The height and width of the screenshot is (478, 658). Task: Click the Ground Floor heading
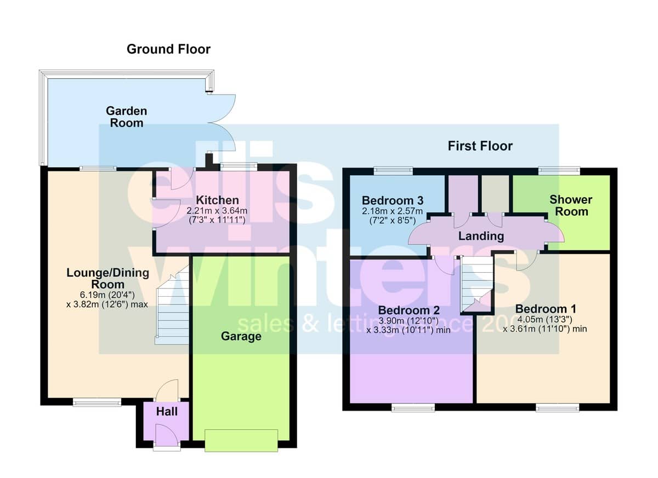click(168, 49)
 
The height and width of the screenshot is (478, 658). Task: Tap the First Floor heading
click(480, 146)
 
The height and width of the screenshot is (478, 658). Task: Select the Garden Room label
click(127, 117)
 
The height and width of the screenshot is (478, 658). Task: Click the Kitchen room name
click(217, 200)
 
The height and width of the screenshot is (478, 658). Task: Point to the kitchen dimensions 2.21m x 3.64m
click(217, 211)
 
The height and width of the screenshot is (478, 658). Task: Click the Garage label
click(241, 336)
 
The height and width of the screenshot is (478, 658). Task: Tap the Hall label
click(167, 411)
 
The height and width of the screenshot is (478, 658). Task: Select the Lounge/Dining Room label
click(108, 279)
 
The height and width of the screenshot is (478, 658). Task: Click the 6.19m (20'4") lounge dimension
click(107, 295)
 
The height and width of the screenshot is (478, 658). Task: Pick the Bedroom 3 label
click(393, 200)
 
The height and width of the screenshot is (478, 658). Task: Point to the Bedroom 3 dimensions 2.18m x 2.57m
click(393, 211)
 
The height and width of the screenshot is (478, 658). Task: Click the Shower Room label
click(571, 205)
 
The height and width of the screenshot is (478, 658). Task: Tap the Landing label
click(481, 236)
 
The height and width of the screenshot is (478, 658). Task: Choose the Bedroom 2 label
click(409, 310)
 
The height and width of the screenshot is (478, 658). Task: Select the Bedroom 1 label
click(546, 309)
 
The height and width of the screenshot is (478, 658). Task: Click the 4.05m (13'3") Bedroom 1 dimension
click(544, 319)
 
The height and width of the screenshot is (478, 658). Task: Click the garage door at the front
click(241, 441)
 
